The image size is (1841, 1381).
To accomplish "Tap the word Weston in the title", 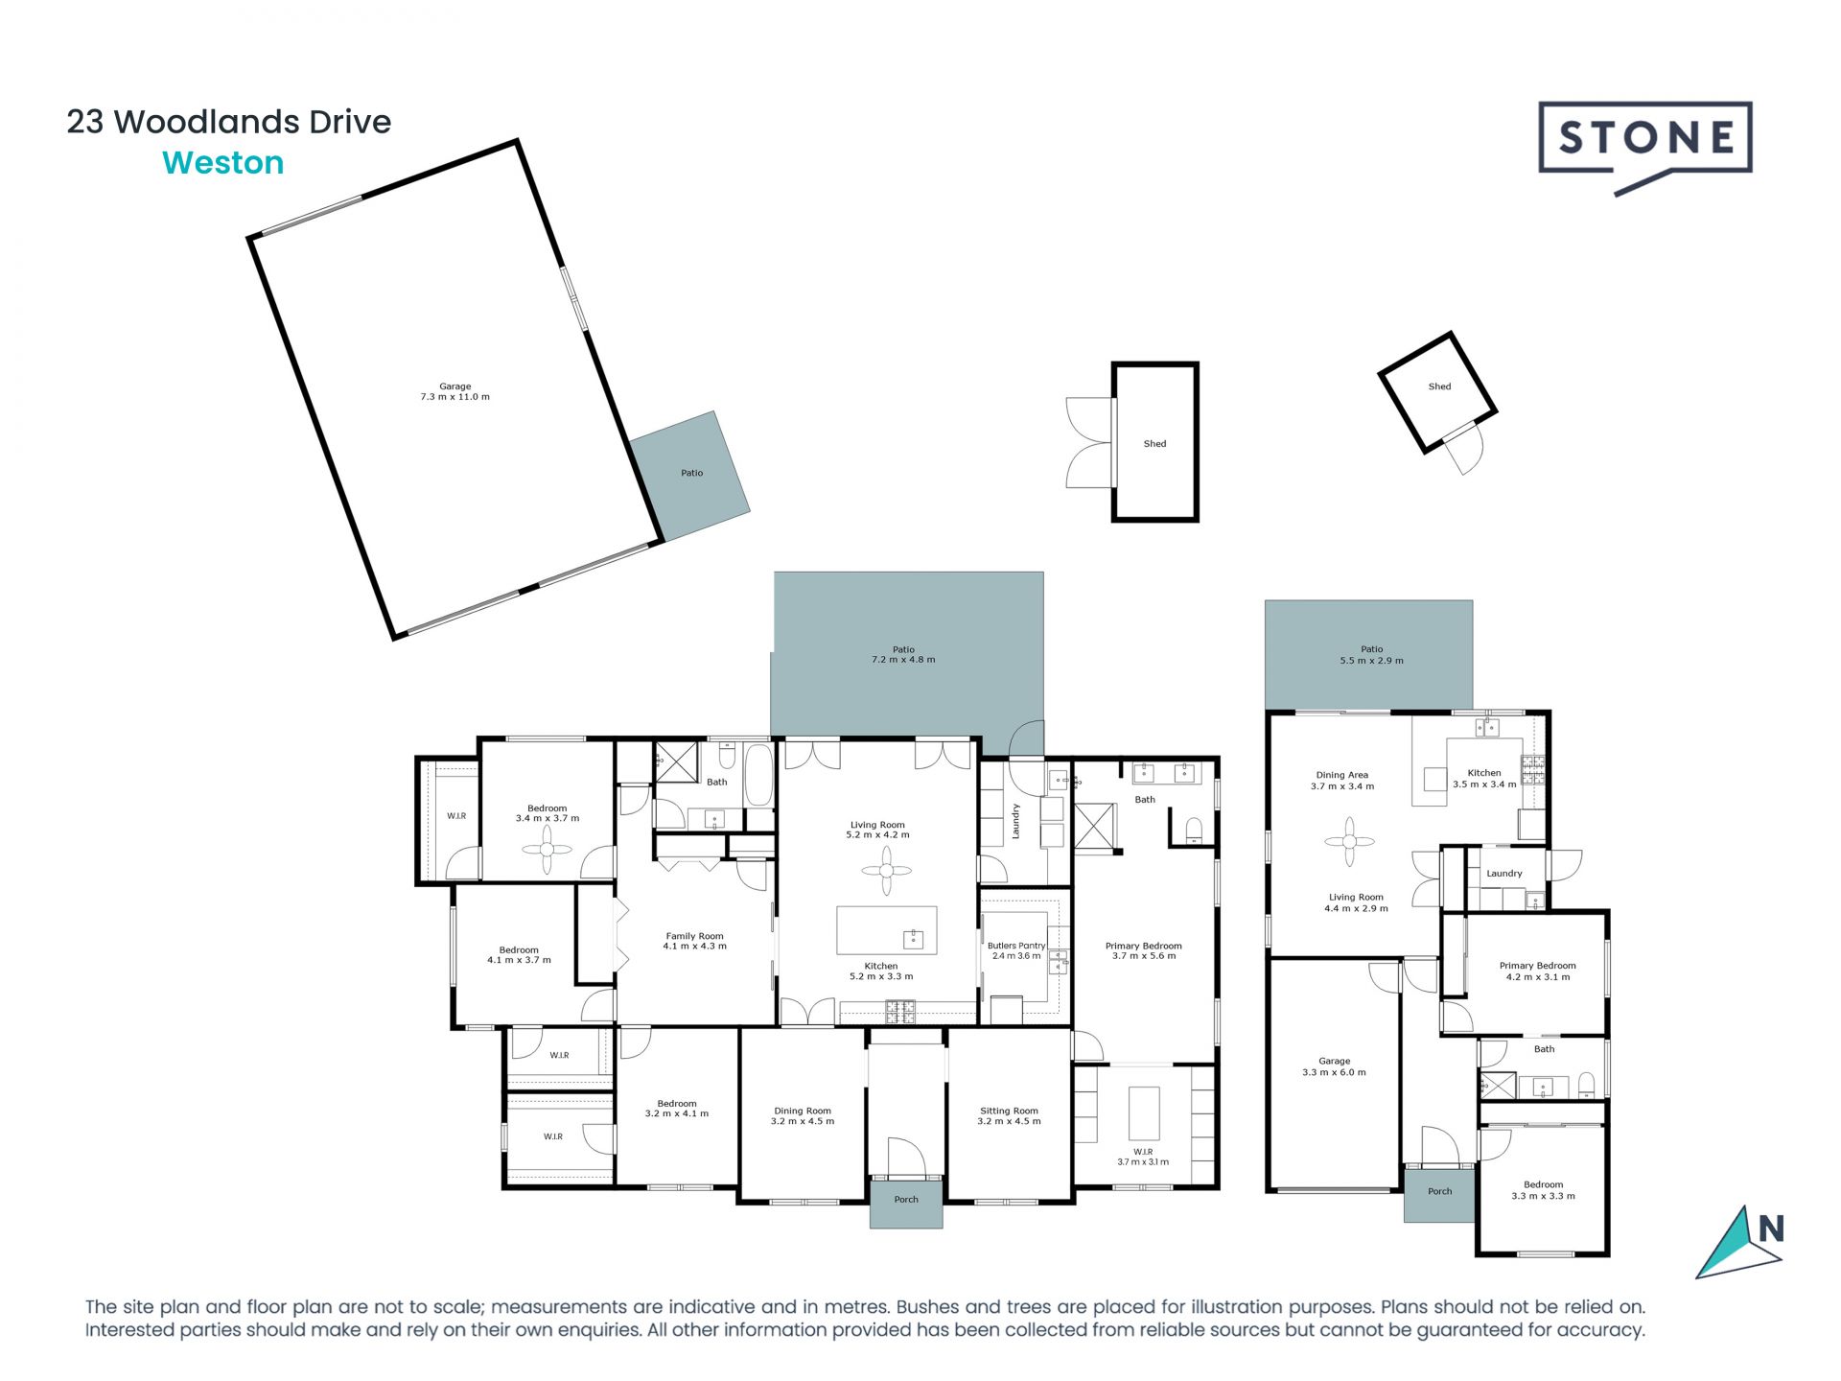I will point(223,163).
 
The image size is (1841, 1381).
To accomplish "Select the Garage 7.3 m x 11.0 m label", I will point(454,391).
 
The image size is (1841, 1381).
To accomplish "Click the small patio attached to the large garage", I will point(690,476).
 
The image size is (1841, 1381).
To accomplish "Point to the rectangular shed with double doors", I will point(1155,442).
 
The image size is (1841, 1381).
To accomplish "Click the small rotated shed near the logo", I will point(1437,389).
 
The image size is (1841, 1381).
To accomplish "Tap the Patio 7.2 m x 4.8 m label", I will point(903,654).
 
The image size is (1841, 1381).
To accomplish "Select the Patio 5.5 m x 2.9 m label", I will point(1371,655).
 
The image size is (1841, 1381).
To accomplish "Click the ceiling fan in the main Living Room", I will point(886,871).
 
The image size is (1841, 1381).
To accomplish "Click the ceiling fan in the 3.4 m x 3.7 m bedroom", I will point(547,849).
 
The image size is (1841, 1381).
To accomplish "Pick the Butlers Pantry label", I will point(1016,950).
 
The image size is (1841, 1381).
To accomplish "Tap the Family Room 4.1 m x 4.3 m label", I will point(694,941).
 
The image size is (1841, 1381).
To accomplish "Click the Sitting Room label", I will point(1009,1115).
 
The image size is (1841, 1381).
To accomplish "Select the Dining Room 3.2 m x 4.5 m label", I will point(803,1115).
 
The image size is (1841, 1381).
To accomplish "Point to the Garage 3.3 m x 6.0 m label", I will point(1334,1066).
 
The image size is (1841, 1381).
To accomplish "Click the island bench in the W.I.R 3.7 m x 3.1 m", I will point(1144,1112).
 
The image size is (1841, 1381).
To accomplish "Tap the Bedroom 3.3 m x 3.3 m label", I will point(1543,1190).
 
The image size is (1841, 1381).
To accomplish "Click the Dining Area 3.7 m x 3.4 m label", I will point(1342,780).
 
